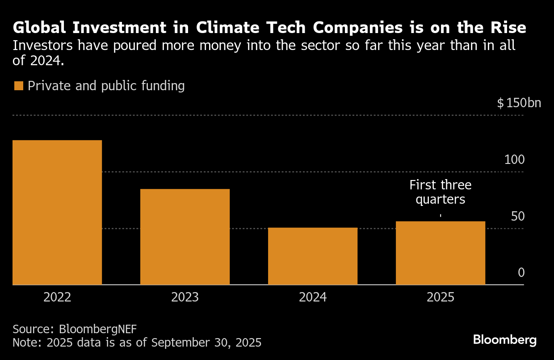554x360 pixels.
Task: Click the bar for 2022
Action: [57, 212]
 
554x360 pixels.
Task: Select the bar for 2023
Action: [185, 237]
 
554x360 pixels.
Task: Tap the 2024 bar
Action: [313, 256]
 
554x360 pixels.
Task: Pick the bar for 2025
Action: [441, 253]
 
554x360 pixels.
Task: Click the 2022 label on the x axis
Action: [57, 297]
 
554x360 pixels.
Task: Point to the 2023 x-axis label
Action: [185, 297]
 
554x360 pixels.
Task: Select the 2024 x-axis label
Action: [313, 297]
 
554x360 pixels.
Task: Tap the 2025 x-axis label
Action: [441, 297]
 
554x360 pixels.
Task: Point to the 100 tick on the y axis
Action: [514, 159]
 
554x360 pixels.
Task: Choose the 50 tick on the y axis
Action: [517, 216]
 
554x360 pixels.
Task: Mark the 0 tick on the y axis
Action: [521, 273]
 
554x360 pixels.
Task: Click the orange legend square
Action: [18, 86]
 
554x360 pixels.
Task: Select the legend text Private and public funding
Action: [106, 86]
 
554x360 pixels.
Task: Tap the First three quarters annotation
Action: [441, 192]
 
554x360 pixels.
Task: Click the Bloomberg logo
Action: [505, 340]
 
